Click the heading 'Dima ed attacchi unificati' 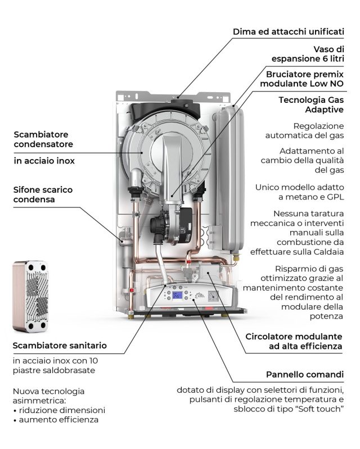click(288, 31)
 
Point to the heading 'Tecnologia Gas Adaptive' click(310, 105)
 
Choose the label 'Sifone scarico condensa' click(43, 194)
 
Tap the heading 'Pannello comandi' click(304, 374)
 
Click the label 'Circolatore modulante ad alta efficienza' click(294, 342)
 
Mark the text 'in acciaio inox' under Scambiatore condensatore click(43, 161)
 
